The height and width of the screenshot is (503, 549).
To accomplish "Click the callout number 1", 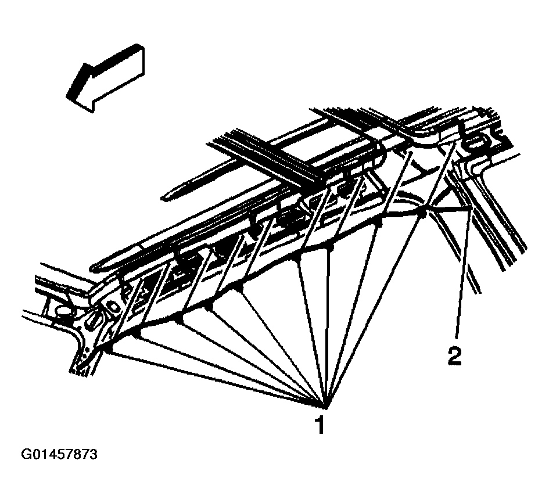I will tap(319, 426).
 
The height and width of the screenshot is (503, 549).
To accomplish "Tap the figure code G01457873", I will tap(59, 454).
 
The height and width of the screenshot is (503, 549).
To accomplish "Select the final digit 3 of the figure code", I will tap(93, 454).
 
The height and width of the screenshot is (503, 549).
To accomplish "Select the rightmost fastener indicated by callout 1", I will tap(423, 214).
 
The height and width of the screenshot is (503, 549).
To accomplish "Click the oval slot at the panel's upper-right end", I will tap(478, 141).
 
